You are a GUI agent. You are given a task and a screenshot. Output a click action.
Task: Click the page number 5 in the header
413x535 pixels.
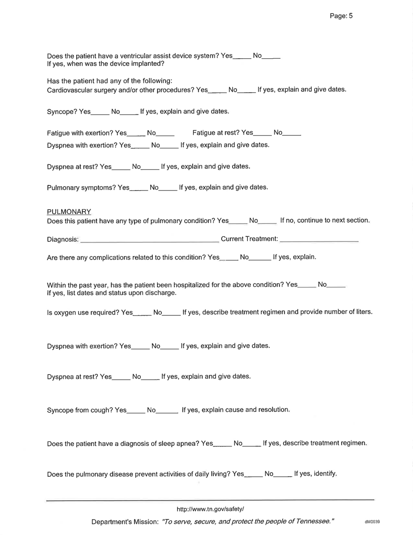pyautogui.click(x=350, y=16)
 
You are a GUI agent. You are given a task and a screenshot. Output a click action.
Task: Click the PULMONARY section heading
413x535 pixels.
pyautogui.click(x=69, y=211)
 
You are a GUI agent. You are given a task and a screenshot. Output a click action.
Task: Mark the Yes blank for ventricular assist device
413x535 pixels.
pyautogui.click(x=242, y=57)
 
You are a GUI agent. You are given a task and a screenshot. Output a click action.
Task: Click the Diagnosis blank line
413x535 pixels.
pyautogui.click(x=150, y=239)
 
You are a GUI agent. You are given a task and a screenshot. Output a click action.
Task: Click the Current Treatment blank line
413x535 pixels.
pyautogui.click(x=319, y=239)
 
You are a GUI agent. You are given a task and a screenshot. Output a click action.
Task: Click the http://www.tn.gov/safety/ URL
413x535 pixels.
pyautogui.click(x=210, y=509)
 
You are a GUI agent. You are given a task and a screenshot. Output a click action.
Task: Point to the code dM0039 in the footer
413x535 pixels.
pyautogui.click(x=373, y=522)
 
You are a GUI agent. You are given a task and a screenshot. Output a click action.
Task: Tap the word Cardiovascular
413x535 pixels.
pyautogui.click(x=67, y=90)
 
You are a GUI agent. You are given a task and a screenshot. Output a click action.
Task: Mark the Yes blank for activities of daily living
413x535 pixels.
pyautogui.click(x=253, y=475)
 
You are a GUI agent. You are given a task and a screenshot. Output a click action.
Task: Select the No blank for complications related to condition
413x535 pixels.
pyautogui.click(x=259, y=257)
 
